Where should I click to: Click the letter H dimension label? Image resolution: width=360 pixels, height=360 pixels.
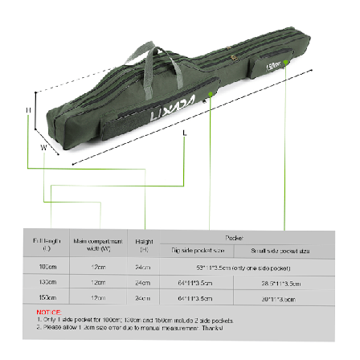point(28,110)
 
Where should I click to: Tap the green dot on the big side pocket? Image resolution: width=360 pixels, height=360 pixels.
point(211,95)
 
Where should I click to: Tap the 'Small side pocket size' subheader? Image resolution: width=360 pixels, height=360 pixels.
point(280,251)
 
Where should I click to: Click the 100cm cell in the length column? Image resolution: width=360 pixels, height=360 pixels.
point(47,266)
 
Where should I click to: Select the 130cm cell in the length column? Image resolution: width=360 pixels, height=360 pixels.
point(47,282)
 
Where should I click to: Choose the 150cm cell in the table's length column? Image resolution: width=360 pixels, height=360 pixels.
point(47,298)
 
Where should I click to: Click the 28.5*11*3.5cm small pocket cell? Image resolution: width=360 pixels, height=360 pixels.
point(280,282)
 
